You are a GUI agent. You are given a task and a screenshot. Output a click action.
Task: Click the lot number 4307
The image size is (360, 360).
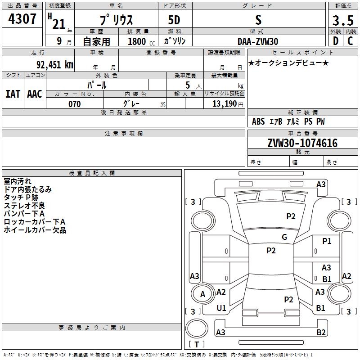click(22, 19)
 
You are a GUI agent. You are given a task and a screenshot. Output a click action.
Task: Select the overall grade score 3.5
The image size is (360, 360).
click(343, 20)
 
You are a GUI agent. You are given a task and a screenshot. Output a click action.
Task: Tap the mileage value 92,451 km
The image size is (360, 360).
click(54, 65)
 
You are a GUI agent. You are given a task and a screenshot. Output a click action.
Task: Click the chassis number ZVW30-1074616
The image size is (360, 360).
click(302, 143)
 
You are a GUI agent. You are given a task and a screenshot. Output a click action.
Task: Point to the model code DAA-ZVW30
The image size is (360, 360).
click(258, 41)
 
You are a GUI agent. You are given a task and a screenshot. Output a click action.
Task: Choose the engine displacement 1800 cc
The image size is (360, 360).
click(141, 41)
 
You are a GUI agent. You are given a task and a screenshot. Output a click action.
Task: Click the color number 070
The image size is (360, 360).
click(75, 104)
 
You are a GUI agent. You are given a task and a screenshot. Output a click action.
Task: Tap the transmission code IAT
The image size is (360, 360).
click(13, 94)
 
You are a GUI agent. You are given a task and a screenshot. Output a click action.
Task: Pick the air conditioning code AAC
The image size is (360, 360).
click(35, 94)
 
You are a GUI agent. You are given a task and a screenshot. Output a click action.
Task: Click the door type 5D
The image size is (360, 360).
click(174, 20)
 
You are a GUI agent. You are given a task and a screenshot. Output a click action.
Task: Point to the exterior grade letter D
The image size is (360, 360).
click(336, 41)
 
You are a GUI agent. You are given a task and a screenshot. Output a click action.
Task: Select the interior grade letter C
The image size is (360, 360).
click(350, 41)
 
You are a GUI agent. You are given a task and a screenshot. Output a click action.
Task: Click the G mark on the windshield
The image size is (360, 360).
click(284, 237)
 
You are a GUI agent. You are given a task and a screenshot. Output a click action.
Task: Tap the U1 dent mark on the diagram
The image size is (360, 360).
click(221, 308)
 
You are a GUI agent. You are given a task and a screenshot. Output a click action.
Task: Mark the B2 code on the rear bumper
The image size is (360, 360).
click(321, 332)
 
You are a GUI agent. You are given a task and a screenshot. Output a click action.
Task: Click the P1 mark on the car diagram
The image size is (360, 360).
click(327, 241)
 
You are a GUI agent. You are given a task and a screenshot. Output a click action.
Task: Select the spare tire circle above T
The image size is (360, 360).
click(197, 328)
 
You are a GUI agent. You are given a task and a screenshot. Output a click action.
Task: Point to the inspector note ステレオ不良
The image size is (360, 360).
click(24, 206)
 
